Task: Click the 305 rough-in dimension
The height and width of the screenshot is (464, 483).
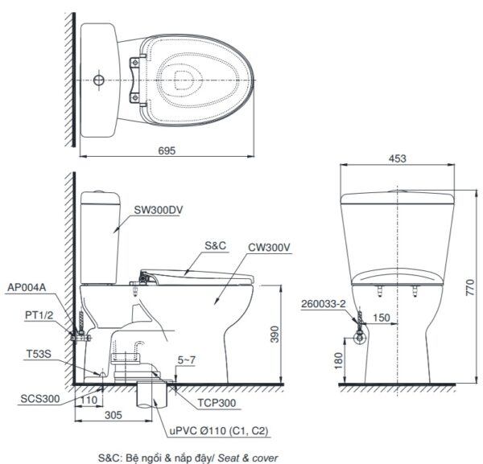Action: coord(114,417)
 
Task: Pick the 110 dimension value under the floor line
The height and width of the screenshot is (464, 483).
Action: coord(88,398)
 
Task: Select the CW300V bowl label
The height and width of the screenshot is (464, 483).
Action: coord(270,248)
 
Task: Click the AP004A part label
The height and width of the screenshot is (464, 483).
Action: coord(25,285)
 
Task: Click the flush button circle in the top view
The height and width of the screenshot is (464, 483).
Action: coord(98,81)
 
